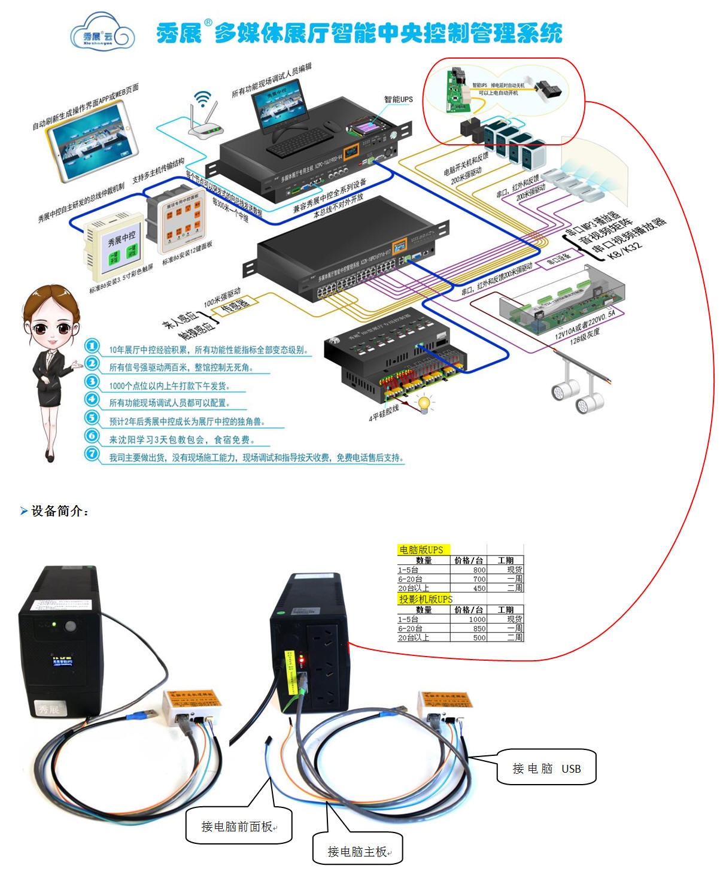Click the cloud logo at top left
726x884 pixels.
point(100,35)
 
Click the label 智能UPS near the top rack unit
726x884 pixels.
point(398,99)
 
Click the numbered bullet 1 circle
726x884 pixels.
point(92,346)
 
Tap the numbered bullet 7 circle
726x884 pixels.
point(92,454)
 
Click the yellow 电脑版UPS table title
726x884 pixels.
point(421,549)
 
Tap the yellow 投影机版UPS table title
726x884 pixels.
point(426,599)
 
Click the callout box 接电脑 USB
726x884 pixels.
point(546,768)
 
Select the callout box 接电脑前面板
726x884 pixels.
point(238,827)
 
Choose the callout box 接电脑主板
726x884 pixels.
point(357,851)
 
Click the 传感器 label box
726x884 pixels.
point(235,305)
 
